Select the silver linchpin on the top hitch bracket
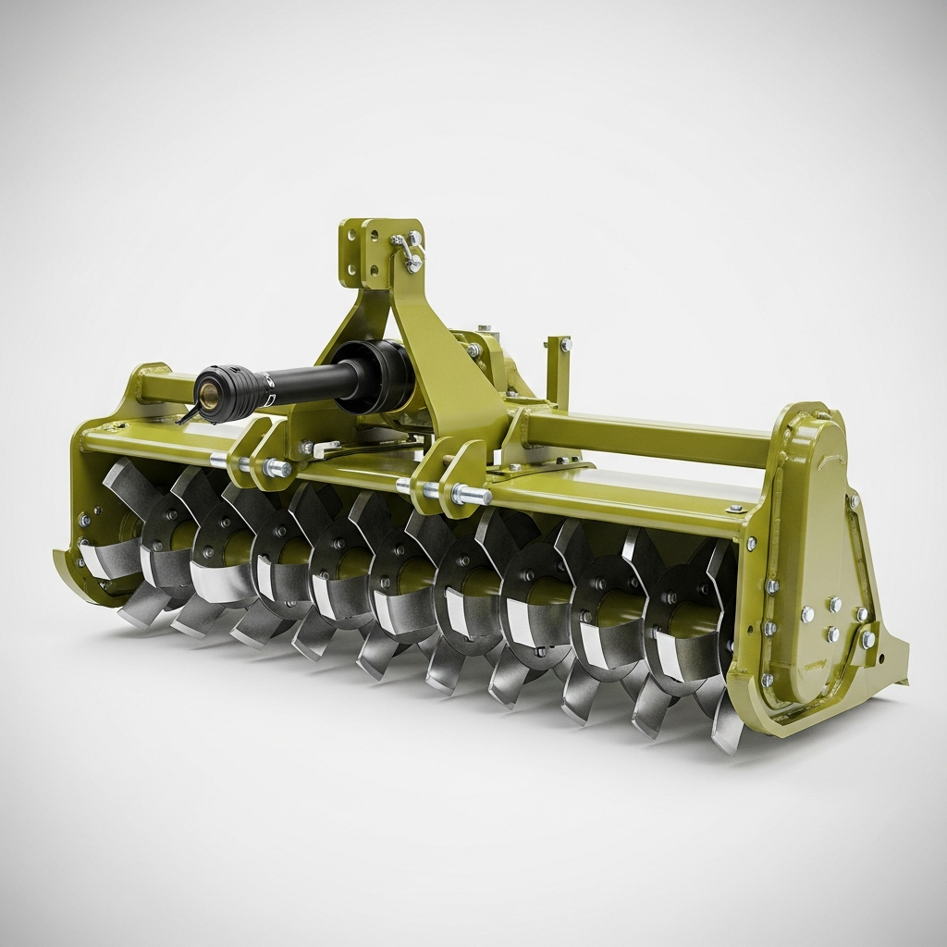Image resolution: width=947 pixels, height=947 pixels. point(407,249)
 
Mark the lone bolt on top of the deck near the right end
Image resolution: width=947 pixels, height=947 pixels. point(735,508)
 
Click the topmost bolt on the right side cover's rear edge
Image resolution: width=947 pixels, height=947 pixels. point(854,500)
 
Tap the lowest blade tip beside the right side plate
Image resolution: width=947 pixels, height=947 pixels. point(726,735)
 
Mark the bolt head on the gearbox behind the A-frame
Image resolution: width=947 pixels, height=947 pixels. point(473,350)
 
